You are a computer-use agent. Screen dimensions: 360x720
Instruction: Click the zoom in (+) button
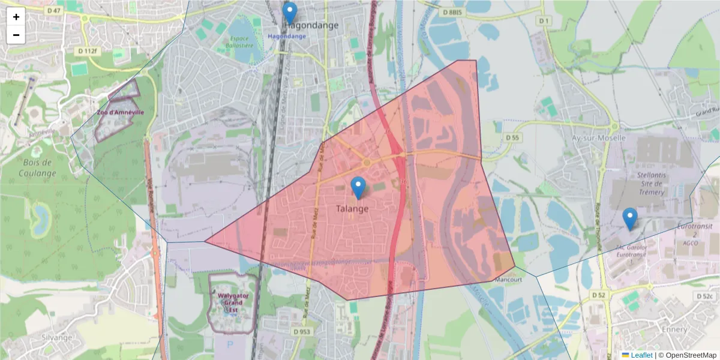[x=16, y=17]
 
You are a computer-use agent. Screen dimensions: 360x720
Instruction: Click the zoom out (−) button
[x=16, y=35]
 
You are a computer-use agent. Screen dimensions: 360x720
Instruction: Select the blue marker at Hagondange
[x=290, y=13]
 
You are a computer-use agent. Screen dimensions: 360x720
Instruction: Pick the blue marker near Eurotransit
[x=629, y=219]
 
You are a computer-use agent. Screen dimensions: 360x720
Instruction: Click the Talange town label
[x=352, y=209]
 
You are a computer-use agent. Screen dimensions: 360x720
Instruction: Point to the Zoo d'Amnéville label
[x=120, y=112]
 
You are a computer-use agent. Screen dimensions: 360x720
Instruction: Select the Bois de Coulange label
[x=38, y=168]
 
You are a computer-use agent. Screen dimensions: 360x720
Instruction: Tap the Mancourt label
[x=508, y=279]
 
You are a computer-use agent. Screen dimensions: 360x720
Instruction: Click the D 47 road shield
[x=53, y=10]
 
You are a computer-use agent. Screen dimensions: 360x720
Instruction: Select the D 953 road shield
[x=302, y=331]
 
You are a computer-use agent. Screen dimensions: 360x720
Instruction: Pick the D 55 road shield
[x=512, y=137]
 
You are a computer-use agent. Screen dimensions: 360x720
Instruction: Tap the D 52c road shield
[x=704, y=296]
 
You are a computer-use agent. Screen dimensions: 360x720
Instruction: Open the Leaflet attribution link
[x=641, y=355]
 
